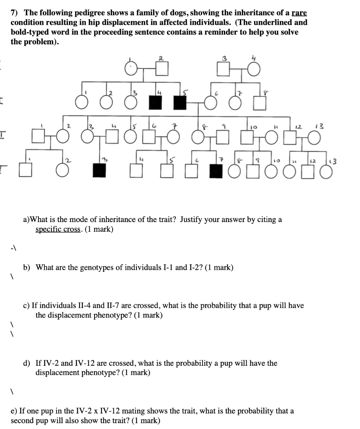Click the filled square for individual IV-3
pos(99,170)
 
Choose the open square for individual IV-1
pos(26,170)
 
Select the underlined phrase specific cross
pos(57,229)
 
